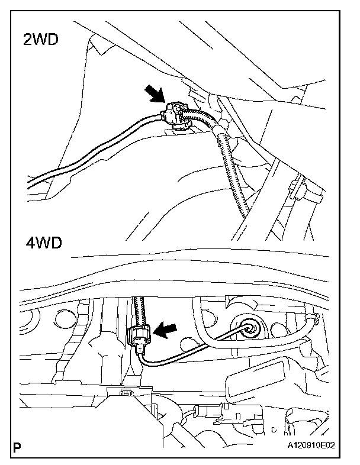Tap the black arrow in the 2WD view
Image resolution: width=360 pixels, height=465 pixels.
click(x=156, y=94)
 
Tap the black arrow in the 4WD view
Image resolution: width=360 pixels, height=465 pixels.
click(x=166, y=330)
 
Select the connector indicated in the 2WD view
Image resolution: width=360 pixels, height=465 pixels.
click(x=176, y=115)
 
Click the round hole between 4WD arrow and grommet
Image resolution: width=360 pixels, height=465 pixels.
click(x=189, y=343)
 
